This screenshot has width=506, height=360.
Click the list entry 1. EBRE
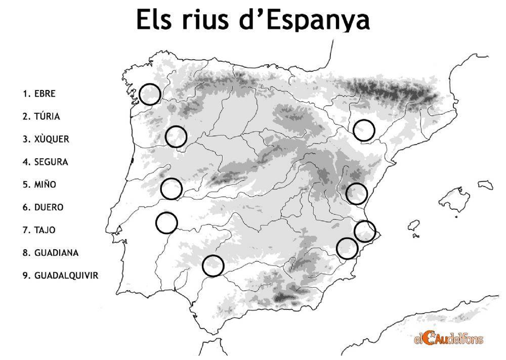point(39,94)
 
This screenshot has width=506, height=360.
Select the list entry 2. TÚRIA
point(41,116)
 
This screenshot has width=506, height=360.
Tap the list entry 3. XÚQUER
point(46,139)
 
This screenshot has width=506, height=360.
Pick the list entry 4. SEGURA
point(45,162)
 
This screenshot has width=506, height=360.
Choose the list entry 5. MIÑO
point(39,185)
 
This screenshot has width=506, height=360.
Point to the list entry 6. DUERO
point(43,207)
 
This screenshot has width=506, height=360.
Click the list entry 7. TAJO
point(39,230)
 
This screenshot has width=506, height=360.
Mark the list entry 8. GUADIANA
point(50,253)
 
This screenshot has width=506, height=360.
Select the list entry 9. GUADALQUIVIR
point(61,276)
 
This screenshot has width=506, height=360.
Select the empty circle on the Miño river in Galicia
point(150,94)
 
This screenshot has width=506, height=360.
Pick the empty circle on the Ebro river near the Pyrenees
point(364,130)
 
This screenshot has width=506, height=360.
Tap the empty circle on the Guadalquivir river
point(213,265)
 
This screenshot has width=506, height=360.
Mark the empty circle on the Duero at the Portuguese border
point(176,137)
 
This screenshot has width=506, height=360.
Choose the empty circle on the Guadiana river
point(166,222)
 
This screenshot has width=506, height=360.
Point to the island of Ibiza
point(415,226)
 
